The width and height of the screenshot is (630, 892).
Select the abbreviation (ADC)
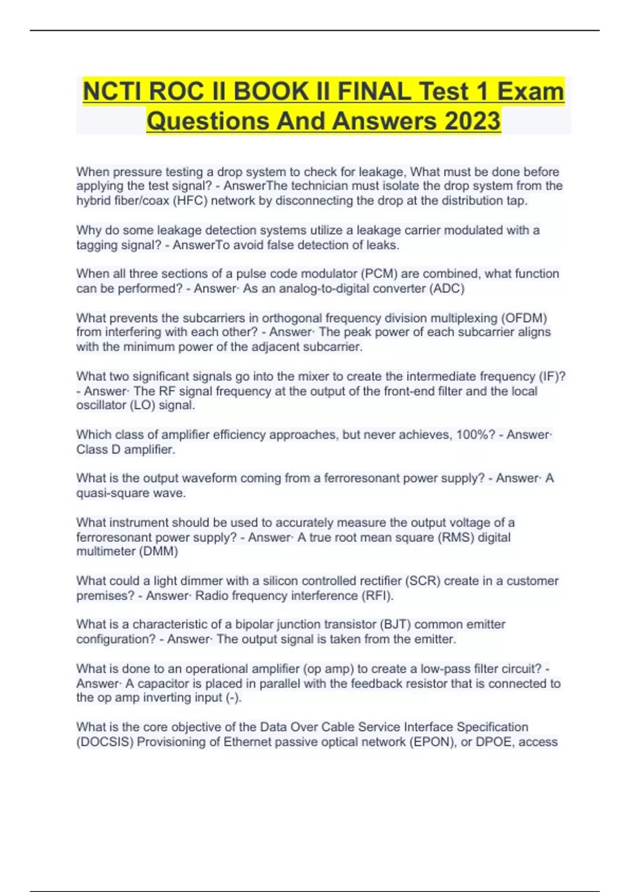447,289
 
